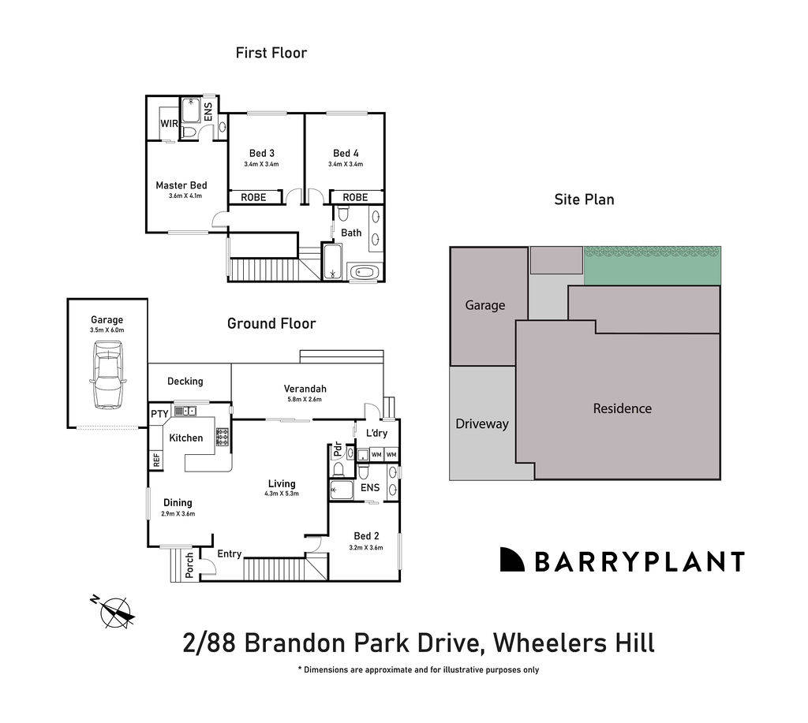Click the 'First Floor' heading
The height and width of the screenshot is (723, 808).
click(x=271, y=53)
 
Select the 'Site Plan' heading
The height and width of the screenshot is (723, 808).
click(x=584, y=199)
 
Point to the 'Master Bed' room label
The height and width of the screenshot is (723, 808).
click(x=181, y=185)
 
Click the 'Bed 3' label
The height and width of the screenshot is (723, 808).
click(x=261, y=153)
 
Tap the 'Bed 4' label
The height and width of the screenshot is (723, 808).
click(x=345, y=153)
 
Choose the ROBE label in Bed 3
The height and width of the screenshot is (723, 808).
click(x=253, y=197)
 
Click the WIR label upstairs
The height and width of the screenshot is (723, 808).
click(x=169, y=124)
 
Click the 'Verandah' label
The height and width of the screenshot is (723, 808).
click(x=305, y=389)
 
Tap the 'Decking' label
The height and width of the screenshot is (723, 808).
click(x=185, y=381)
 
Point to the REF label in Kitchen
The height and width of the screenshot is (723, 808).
click(x=155, y=459)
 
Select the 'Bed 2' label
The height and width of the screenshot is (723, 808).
click(x=364, y=536)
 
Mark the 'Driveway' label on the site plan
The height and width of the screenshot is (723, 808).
click(x=482, y=423)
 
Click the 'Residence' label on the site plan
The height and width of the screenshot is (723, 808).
click(x=622, y=408)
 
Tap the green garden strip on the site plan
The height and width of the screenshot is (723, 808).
click(x=652, y=266)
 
